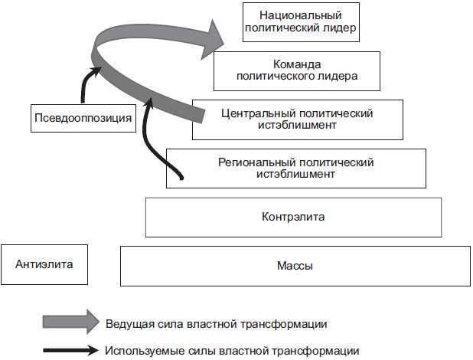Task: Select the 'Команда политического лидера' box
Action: tap(297, 70)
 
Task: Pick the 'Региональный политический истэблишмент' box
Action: tap(295, 168)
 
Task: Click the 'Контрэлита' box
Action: tap(293, 217)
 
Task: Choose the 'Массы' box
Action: tap(295, 266)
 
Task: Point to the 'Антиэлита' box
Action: tap(44, 265)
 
